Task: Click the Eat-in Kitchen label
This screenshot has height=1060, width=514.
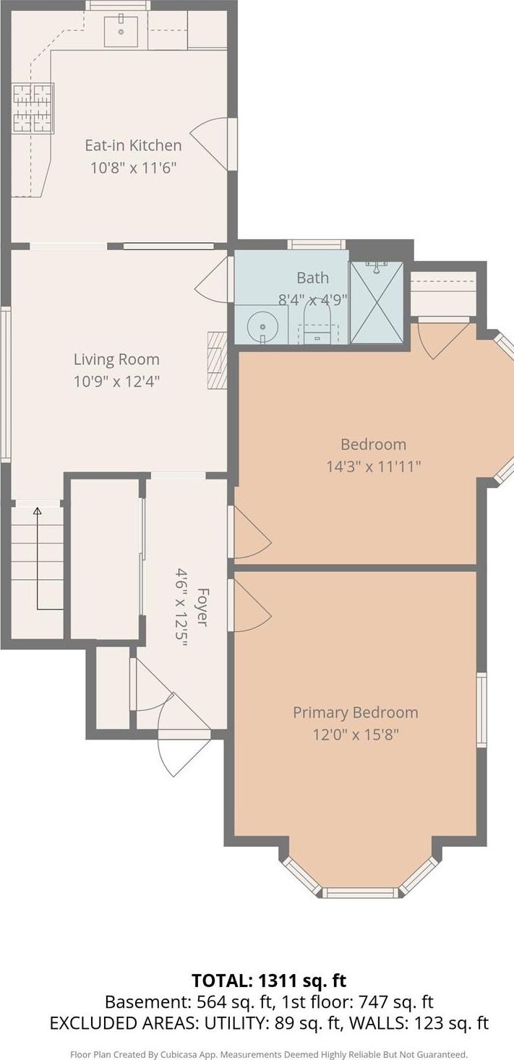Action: [x=133, y=145]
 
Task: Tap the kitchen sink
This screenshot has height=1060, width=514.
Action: [x=121, y=31]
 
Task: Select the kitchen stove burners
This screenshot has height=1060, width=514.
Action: [x=33, y=108]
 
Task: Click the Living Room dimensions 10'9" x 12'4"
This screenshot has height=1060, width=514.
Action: [x=116, y=381]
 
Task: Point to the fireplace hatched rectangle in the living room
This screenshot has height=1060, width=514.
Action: [x=218, y=360]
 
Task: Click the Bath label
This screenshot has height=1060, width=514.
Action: [x=312, y=278]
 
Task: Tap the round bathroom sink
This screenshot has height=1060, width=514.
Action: [x=261, y=326]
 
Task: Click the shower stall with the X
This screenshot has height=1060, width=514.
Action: [x=376, y=302]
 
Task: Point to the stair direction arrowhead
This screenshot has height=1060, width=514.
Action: [x=37, y=510]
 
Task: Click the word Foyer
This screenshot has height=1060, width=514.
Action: [x=202, y=607]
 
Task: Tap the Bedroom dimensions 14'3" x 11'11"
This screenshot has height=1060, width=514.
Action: [x=374, y=467]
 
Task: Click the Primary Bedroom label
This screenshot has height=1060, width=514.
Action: [x=356, y=712]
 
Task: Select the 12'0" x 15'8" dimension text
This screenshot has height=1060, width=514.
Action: [x=356, y=735]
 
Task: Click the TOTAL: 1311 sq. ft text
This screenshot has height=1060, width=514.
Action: [x=269, y=980]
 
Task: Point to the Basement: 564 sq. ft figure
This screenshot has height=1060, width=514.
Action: [x=189, y=1002]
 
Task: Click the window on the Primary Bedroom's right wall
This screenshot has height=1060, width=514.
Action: [x=481, y=710]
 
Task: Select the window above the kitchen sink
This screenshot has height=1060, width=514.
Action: [x=118, y=5]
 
